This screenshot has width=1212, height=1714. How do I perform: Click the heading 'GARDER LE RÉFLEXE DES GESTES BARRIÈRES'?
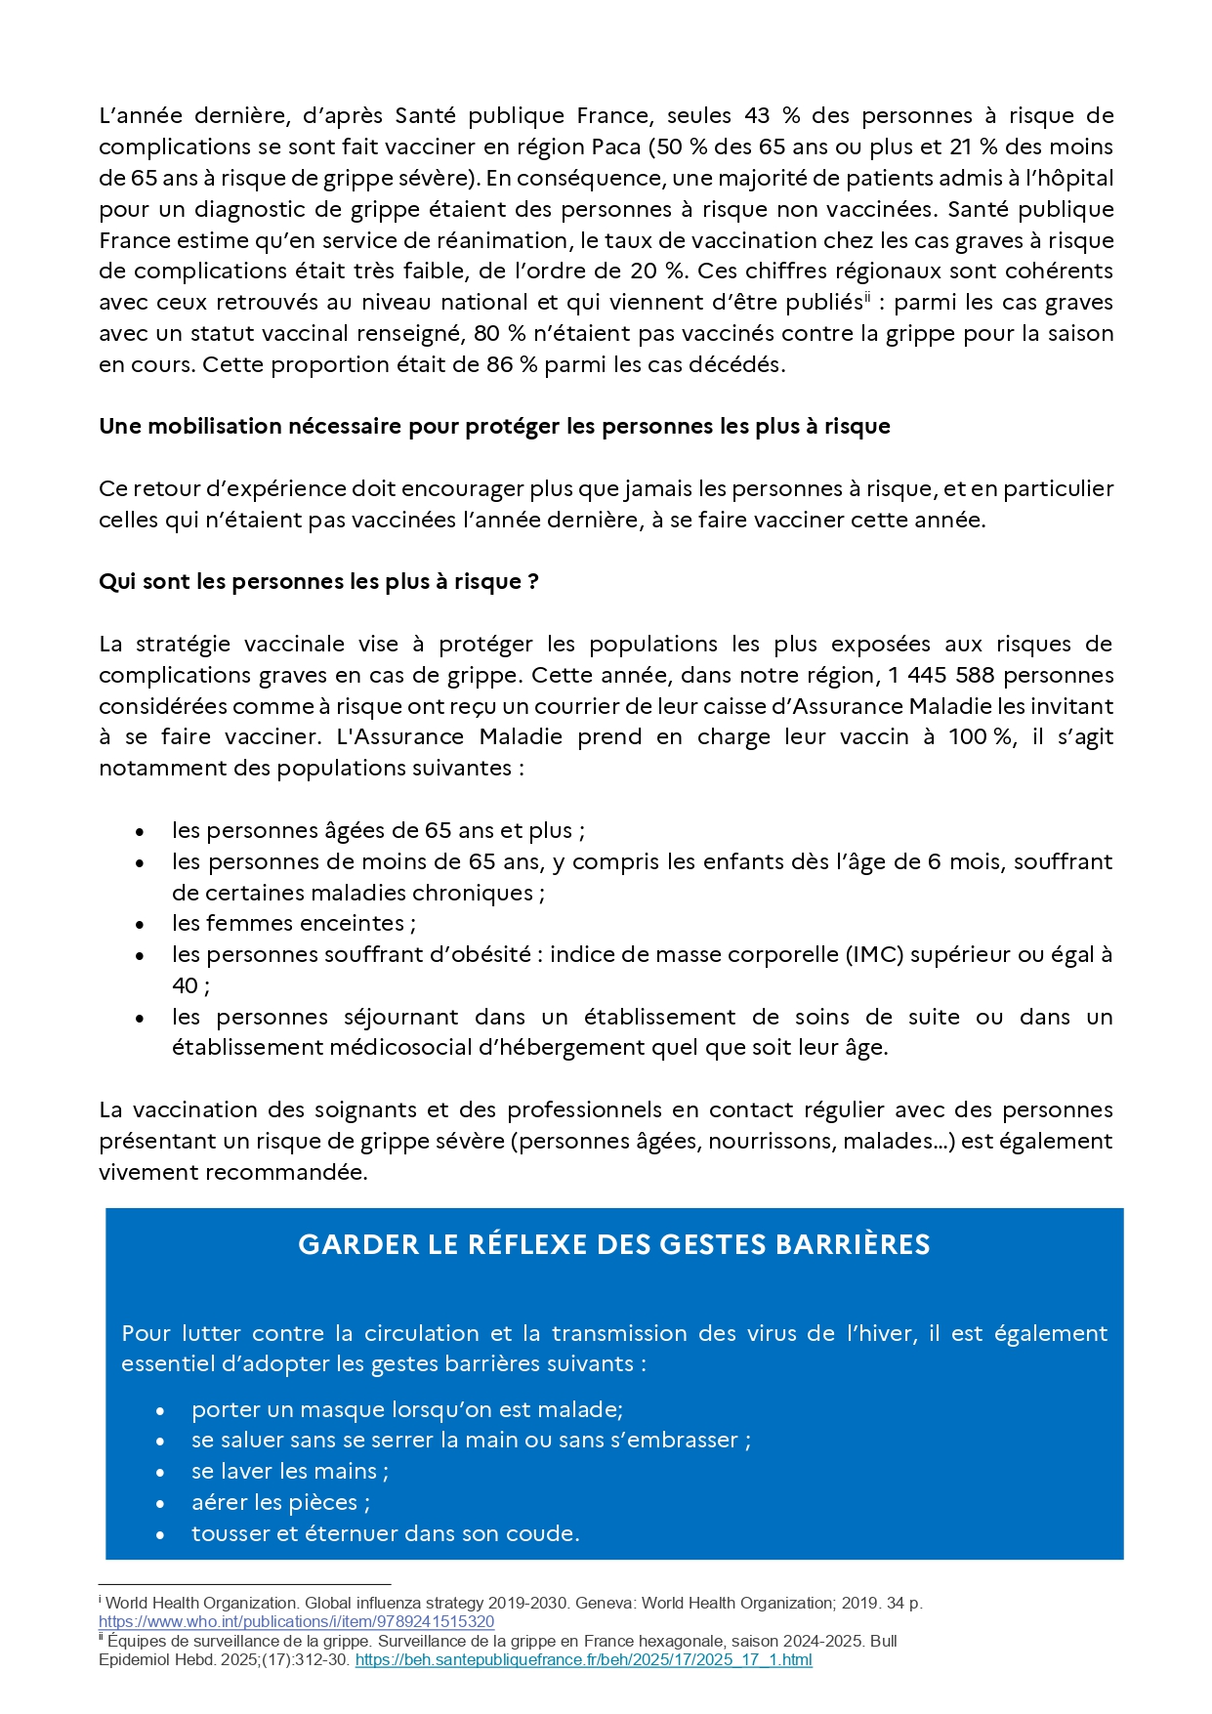pos(613,1244)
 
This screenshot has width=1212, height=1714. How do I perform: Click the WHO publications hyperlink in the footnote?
pos(296,1621)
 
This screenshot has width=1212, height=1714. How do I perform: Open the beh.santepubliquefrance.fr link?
pos(583,1659)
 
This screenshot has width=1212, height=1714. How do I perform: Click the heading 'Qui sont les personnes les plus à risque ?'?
pos(318,581)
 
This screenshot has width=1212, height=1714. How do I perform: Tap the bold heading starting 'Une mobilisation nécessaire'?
pos(494,426)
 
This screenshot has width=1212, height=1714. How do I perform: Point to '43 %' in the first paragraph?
pos(772,115)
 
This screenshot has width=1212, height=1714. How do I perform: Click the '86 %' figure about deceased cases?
pos(512,364)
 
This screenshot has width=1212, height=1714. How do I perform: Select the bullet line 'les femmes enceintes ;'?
pos(293,923)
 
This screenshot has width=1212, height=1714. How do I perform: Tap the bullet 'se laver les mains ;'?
pos(290,1471)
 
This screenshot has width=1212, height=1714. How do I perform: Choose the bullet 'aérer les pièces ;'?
pos(280,1502)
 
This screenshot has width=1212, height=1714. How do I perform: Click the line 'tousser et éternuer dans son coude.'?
pos(385,1533)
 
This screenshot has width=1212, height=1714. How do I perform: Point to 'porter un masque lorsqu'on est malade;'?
pos(406,1409)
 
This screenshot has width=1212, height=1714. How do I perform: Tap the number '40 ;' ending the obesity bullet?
pos(190,985)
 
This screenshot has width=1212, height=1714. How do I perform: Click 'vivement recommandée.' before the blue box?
pos(232,1172)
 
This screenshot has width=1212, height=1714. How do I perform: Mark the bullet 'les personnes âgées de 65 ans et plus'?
pos(378,830)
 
